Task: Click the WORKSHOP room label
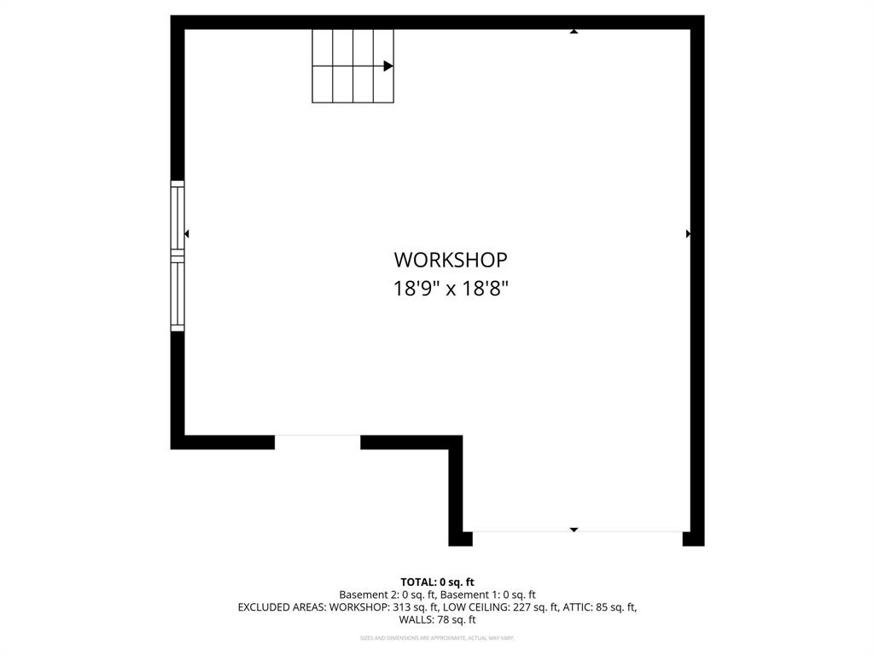(x=450, y=260)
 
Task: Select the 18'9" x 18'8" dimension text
(x=450, y=289)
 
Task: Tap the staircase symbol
(x=353, y=66)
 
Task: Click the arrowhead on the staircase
(x=388, y=66)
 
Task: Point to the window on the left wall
(x=178, y=255)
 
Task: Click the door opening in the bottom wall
(x=318, y=441)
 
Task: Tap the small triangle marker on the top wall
(x=574, y=32)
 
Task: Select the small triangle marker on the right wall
(x=688, y=233)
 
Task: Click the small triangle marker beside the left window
(x=186, y=233)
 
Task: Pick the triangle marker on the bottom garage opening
(x=574, y=530)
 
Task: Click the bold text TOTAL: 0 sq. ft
(x=437, y=583)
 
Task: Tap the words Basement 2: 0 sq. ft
(x=387, y=594)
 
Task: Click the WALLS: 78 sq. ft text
(x=437, y=619)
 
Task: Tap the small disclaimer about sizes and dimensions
(x=437, y=638)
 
